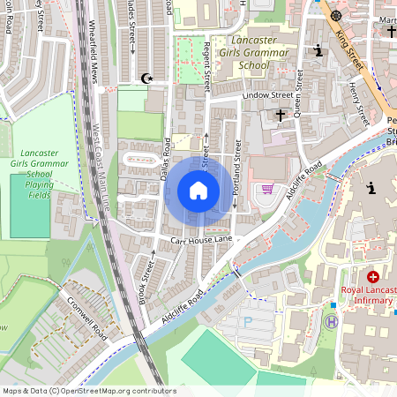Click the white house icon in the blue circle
(198, 191)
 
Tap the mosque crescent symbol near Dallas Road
(147, 79)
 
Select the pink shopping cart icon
(266, 189)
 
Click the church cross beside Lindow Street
(281, 115)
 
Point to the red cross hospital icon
(373, 277)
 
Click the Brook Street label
(146, 278)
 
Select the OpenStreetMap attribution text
(88, 391)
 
